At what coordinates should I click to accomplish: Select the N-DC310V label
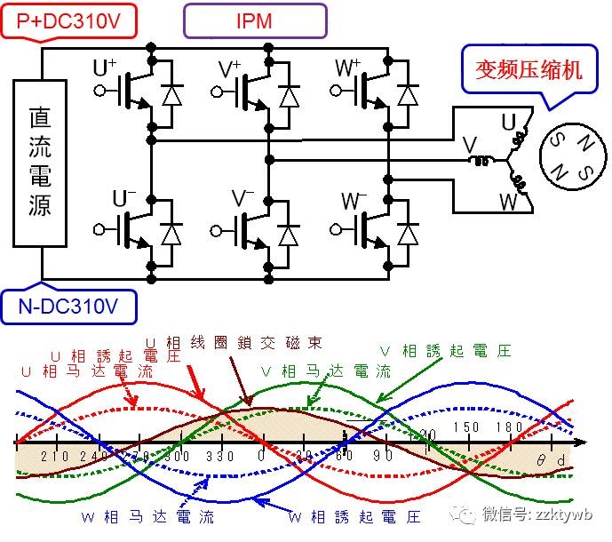pyautogui.click(x=68, y=308)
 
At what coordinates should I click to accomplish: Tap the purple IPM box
pyautogui.click(x=255, y=20)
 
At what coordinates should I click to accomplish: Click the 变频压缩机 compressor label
pyautogui.click(x=519, y=69)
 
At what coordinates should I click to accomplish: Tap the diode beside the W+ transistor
pyautogui.click(x=408, y=94)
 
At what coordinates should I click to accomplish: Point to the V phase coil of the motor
pyautogui.click(x=483, y=160)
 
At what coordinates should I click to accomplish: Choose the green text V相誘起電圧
pyautogui.click(x=457, y=351)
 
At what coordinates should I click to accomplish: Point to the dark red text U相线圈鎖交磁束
pyautogui.click(x=233, y=341)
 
